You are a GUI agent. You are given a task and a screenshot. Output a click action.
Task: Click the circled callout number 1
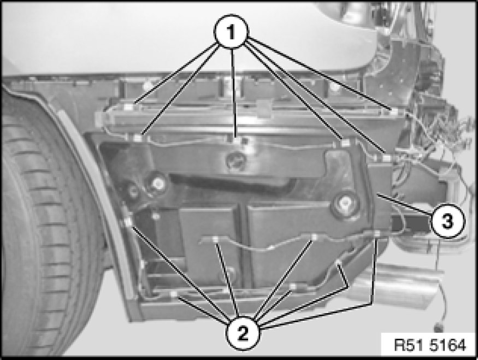tap(232, 31)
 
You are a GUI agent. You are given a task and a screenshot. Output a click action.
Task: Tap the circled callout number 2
tap(243, 333)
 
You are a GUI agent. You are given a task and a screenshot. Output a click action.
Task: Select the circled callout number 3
tap(447, 221)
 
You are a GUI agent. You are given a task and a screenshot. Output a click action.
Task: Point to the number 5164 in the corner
tap(448, 345)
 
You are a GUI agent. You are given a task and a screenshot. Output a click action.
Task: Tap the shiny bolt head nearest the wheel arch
tap(158, 184)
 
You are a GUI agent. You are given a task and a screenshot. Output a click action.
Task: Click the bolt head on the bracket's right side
tap(345, 202)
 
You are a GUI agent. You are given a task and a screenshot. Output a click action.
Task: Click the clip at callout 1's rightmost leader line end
tap(393, 113)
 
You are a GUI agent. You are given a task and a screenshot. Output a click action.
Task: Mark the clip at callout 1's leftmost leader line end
tap(129, 107)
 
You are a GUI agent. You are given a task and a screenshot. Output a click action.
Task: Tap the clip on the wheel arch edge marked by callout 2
tap(128, 222)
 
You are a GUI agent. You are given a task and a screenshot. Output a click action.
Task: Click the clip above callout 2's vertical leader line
tap(377, 234)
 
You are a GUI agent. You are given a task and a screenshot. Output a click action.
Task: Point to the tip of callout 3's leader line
tap(377, 194)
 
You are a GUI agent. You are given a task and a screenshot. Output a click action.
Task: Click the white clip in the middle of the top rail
tap(264, 108)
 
